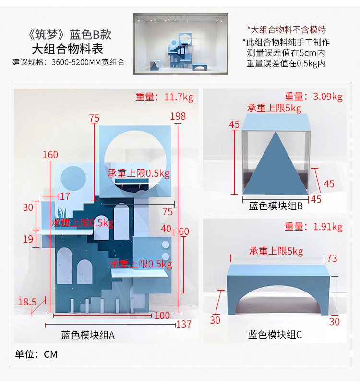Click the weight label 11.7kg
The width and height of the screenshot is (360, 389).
click(164, 97)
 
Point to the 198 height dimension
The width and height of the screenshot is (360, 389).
click(178, 116)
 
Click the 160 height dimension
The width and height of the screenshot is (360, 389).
click(50, 155)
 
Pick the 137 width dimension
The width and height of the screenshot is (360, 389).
click(183, 324)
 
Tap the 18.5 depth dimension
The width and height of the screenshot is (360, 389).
click(27, 302)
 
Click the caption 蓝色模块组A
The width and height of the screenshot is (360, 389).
click(87, 335)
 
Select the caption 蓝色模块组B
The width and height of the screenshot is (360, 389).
click(275, 207)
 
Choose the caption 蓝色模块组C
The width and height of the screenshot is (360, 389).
click(275, 335)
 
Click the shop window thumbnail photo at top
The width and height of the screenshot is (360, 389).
click(180, 44)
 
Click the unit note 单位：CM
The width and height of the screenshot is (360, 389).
click(36, 354)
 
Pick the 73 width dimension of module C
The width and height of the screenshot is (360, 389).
click(332, 258)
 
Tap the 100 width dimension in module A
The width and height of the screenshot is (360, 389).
click(162, 316)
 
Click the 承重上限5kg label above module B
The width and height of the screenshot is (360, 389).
click(274, 108)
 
